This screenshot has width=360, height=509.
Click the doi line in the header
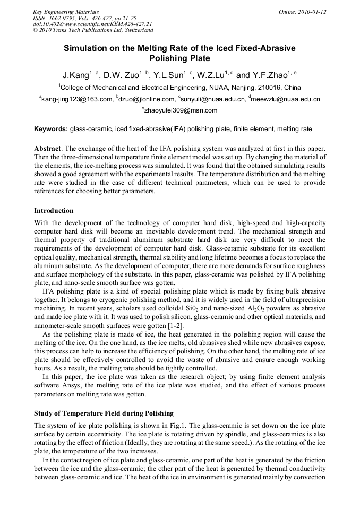pos(93,24)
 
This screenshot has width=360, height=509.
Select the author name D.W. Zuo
pos(122,75)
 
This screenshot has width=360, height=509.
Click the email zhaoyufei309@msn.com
pos(181,111)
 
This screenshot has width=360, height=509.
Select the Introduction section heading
pos(54,211)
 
